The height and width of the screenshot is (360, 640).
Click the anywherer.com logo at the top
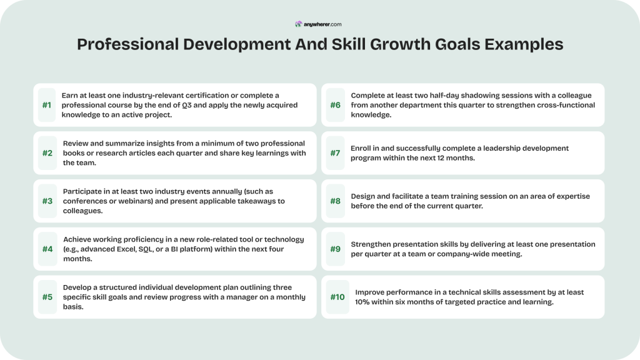pos(319,24)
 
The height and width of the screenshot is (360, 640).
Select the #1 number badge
pos(47,105)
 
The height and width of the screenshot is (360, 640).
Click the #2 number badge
pos(47,153)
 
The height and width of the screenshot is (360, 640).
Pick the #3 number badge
pos(47,201)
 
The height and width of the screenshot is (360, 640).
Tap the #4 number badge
pos(47,249)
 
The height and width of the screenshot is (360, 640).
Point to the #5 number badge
pos(47,297)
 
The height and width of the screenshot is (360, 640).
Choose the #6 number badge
pos(336,105)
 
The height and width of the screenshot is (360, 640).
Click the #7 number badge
pos(336,153)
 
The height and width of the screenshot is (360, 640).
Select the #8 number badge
pos(336,201)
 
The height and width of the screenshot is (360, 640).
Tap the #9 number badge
pos(336,249)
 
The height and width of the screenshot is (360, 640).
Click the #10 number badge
pos(337,297)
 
